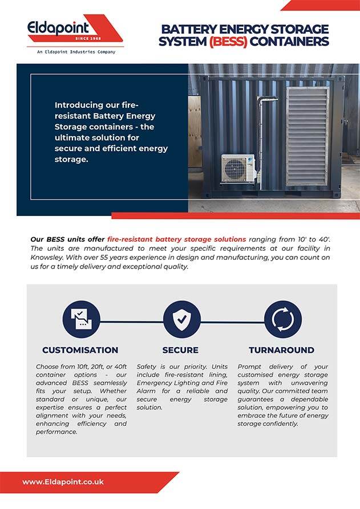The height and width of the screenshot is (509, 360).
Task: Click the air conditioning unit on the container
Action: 238,168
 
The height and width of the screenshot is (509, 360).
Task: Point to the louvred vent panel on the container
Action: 307,136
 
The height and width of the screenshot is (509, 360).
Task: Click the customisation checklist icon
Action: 80,320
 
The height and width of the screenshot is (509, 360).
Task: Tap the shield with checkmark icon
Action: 181,320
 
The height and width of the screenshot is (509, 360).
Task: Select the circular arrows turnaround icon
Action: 282,320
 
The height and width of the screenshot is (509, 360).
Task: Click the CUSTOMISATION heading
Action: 80,350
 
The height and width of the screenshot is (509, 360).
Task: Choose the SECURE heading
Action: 180,350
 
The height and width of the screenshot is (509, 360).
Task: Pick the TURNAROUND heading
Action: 281,350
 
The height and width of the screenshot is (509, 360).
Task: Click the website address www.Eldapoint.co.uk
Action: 63,482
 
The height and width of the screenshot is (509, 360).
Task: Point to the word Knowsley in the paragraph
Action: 48,257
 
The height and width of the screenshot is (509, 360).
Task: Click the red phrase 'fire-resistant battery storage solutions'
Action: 176,239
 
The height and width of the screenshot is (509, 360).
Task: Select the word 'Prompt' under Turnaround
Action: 250,366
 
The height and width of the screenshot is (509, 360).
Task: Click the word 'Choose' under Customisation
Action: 48,366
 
